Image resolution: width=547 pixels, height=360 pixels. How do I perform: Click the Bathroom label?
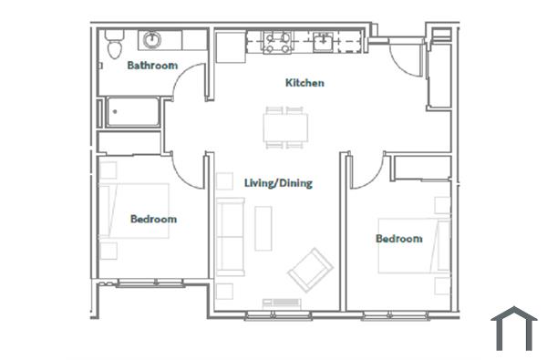click(x=151, y=66)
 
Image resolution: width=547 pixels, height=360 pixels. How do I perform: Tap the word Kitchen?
click(x=304, y=83)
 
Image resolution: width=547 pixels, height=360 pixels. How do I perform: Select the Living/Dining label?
click(x=278, y=183)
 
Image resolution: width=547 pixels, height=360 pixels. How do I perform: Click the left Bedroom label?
click(x=153, y=219)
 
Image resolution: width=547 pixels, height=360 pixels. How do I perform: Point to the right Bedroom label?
click(x=399, y=239)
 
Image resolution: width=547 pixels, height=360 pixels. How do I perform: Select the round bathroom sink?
click(x=151, y=40)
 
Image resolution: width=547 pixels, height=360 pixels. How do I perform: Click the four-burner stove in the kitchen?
click(x=277, y=41)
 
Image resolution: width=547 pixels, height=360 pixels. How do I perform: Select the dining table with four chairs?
click(x=285, y=127)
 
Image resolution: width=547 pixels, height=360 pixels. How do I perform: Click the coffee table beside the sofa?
click(x=263, y=228)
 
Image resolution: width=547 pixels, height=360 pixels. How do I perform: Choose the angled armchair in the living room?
click(x=310, y=270)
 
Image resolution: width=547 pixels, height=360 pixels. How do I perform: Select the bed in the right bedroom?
click(x=415, y=243)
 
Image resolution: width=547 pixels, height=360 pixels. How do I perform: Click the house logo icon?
click(x=513, y=328)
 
